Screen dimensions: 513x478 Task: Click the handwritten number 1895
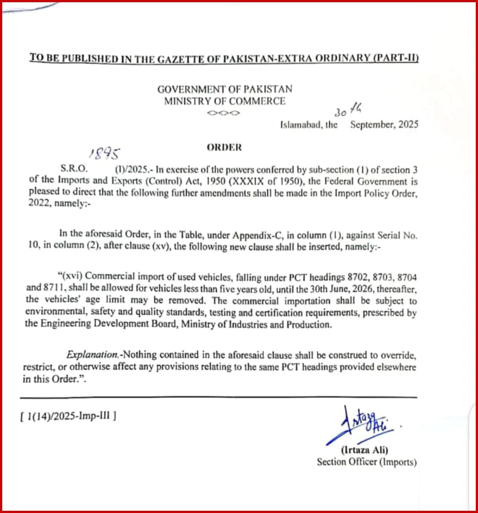point(104,153)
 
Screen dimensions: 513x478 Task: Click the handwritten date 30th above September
point(348,110)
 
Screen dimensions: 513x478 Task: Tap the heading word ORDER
point(224,148)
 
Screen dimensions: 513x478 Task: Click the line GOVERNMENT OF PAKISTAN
point(225,89)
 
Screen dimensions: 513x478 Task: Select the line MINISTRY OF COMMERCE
point(225,101)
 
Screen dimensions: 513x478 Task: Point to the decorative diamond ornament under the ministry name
point(224,113)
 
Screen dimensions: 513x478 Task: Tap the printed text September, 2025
point(384,124)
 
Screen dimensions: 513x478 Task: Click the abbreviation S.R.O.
point(74,169)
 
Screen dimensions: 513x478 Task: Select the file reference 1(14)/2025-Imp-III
point(68,416)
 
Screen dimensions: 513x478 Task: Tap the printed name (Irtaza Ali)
point(365,450)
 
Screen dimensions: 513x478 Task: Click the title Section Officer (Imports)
point(366,462)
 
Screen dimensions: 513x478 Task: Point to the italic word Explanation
point(93,355)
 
